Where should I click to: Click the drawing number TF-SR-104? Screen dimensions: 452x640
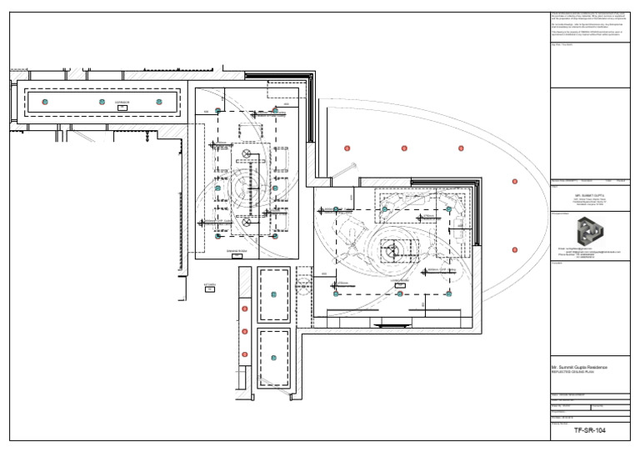[x=590, y=430]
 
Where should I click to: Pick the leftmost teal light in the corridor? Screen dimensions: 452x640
[x=45, y=102]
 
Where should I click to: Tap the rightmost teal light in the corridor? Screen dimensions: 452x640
[x=159, y=102]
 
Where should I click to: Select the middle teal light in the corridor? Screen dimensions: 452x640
[x=102, y=102]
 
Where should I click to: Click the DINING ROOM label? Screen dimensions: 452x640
[x=237, y=250]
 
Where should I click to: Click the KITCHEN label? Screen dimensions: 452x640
[x=210, y=284]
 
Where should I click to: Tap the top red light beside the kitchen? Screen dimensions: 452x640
[x=244, y=309]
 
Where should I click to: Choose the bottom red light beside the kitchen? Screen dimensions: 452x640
[x=244, y=354]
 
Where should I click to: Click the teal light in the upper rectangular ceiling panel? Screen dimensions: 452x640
[x=273, y=294]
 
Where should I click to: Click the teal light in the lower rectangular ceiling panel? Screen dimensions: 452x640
[x=273, y=358]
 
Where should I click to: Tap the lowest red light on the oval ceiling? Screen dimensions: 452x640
[x=515, y=249]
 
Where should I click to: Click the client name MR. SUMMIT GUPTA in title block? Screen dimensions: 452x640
[x=589, y=193]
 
